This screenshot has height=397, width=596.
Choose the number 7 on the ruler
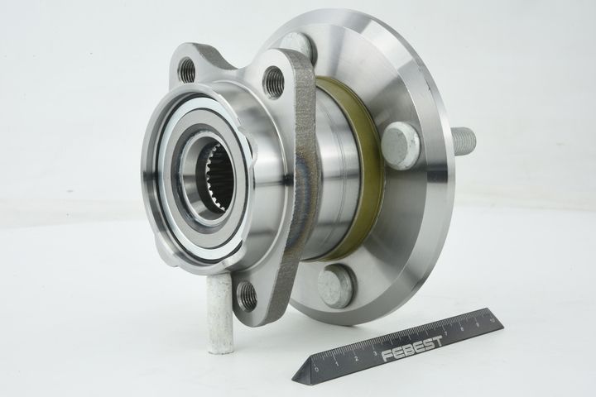tap(448, 329)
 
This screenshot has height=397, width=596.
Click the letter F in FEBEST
tap(387, 356)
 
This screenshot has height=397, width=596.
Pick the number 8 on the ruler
tap(465, 323)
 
